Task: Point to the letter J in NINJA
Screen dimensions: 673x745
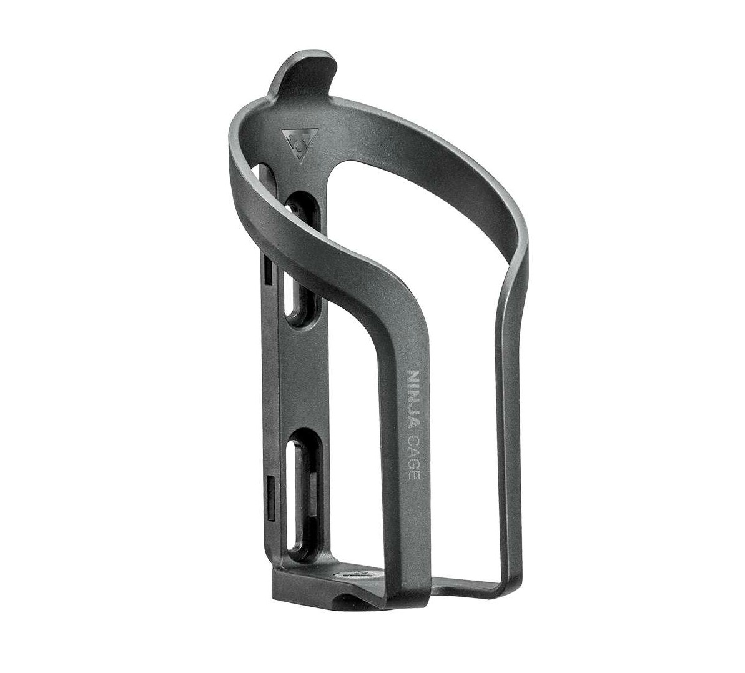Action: (412, 409)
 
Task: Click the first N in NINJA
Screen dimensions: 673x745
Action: (412, 377)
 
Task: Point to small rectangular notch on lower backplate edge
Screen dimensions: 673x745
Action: (269, 488)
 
